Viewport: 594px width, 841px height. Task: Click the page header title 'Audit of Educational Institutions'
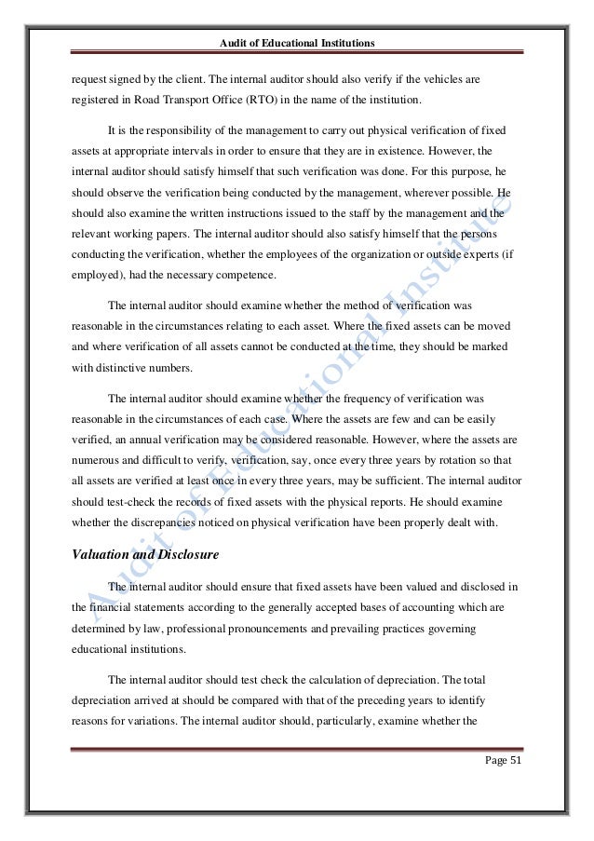pos(296,43)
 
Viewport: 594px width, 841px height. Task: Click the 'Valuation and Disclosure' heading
pos(126,556)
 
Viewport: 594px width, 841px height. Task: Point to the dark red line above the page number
pos(296,748)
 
